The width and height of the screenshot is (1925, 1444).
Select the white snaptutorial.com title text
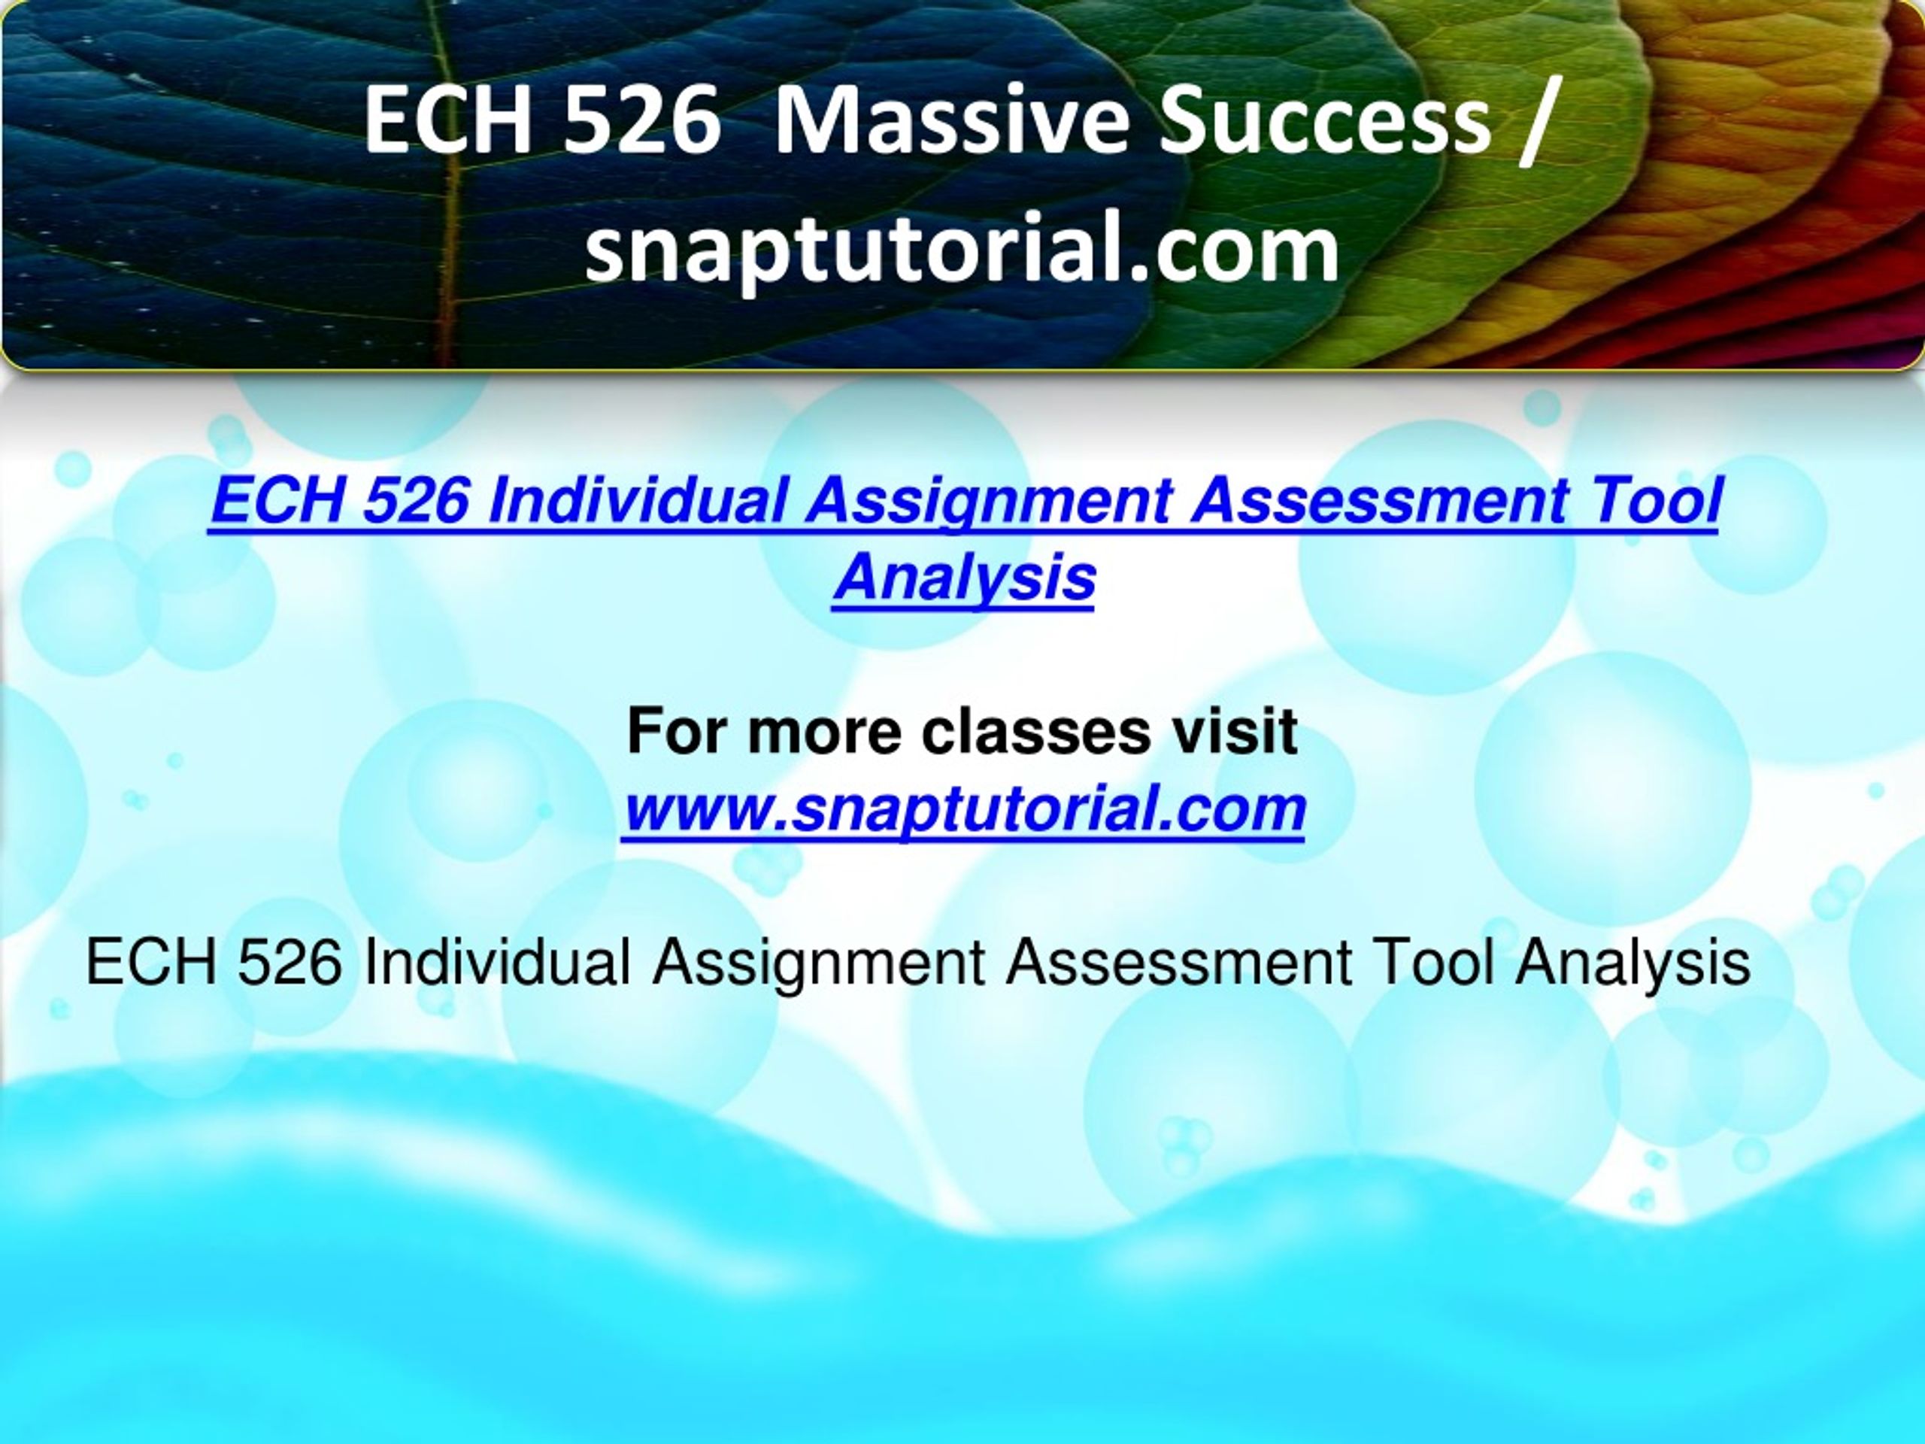point(962,251)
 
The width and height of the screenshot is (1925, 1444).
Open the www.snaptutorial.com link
point(963,808)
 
